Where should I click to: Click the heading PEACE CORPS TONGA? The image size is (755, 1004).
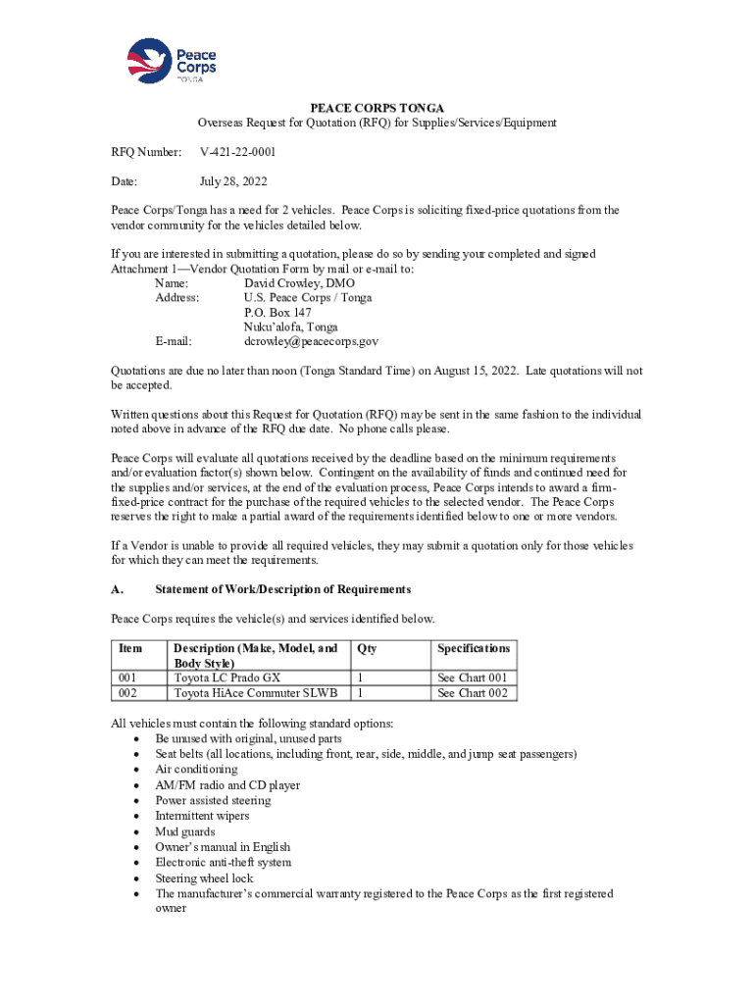point(377,107)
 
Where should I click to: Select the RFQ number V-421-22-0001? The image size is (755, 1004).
point(238,153)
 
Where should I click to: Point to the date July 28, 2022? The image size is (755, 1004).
point(233,181)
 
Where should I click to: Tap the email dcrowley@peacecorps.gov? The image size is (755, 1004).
point(311,342)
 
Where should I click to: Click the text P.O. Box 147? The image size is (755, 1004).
point(277,312)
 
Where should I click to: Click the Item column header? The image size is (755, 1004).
point(130,649)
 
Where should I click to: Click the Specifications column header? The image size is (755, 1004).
point(474,649)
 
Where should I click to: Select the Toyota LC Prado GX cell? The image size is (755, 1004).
point(226,678)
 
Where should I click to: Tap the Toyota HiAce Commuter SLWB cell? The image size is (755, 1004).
point(255,693)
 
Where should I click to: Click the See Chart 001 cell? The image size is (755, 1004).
point(473,678)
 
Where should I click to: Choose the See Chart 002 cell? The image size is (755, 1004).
point(473,693)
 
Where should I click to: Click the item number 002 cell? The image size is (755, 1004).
point(127,693)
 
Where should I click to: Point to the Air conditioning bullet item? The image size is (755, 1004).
point(196,770)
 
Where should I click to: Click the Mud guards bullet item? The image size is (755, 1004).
point(184,831)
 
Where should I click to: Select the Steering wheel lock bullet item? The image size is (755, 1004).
point(204,878)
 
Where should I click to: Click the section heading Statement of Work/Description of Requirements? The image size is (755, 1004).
point(282,589)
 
